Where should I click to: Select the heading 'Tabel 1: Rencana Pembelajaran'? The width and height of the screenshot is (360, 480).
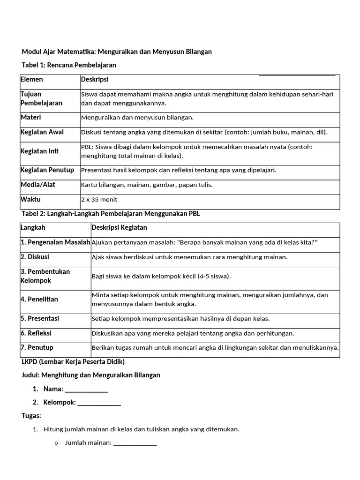pos(69,65)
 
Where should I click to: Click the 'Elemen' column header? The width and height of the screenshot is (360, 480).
pos(31,80)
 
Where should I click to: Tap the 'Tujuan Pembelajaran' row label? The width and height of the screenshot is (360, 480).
pos(41,98)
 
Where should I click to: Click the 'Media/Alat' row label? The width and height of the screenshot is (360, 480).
pos(37,185)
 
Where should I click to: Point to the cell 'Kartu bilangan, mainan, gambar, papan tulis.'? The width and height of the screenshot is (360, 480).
pos(147,185)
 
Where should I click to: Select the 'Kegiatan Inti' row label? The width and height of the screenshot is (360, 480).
pos(40,151)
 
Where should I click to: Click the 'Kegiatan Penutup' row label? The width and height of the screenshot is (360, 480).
pos(47,170)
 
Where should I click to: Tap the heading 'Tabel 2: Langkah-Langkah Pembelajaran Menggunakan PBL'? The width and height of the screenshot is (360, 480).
pos(111,214)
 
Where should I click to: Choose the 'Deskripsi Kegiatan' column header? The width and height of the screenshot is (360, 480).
pos(119,227)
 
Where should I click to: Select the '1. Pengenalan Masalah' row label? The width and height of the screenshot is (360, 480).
pos(55,242)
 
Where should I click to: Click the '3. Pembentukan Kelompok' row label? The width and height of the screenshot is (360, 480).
pos(45,276)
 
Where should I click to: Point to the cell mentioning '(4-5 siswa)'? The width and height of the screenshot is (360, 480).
pos(161,276)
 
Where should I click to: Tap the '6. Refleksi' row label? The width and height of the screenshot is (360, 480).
pos(36,333)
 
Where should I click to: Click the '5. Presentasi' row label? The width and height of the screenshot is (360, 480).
pos(40,318)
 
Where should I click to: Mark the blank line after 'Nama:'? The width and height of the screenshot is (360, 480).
pos(86,389)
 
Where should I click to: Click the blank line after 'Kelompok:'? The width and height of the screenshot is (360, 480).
pos(99,402)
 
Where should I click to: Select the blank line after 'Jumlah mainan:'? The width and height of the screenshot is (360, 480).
pos(135,442)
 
